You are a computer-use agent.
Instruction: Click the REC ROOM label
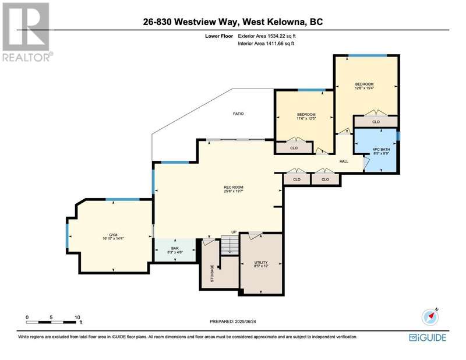[x=234, y=187]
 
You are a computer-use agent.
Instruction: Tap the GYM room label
[x=112, y=234]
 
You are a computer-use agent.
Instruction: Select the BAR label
[x=175, y=248]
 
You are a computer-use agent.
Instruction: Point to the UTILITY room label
[x=261, y=262]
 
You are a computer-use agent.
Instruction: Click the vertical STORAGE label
[x=212, y=273]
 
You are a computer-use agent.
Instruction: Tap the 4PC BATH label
[x=382, y=149]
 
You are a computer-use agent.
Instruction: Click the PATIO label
[x=238, y=114]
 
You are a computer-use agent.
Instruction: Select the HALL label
[x=344, y=161]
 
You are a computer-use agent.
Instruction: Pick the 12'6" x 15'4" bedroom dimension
[x=364, y=88]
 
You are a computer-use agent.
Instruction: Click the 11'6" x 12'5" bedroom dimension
[x=306, y=118]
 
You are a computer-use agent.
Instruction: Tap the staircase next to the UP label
[x=230, y=245]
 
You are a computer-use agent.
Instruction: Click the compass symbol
[x=430, y=317]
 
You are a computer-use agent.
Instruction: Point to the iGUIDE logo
[x=428, y=337]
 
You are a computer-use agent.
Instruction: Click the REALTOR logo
[x=27, y=32]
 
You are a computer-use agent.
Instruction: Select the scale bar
[x=51, y=322]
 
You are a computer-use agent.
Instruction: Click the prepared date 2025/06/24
[x=245, y=322]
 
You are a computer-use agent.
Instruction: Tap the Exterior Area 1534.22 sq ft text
[x=267, y=36]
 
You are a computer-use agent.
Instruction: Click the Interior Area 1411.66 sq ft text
[x=266, y=44]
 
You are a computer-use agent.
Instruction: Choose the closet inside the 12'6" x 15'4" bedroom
[x=376, y=121]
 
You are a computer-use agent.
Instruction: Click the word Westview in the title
[x=192, y=22]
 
